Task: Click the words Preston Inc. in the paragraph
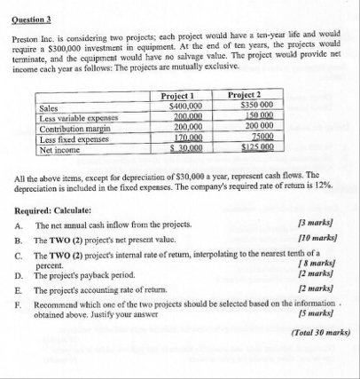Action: click(x=34, y=42)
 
